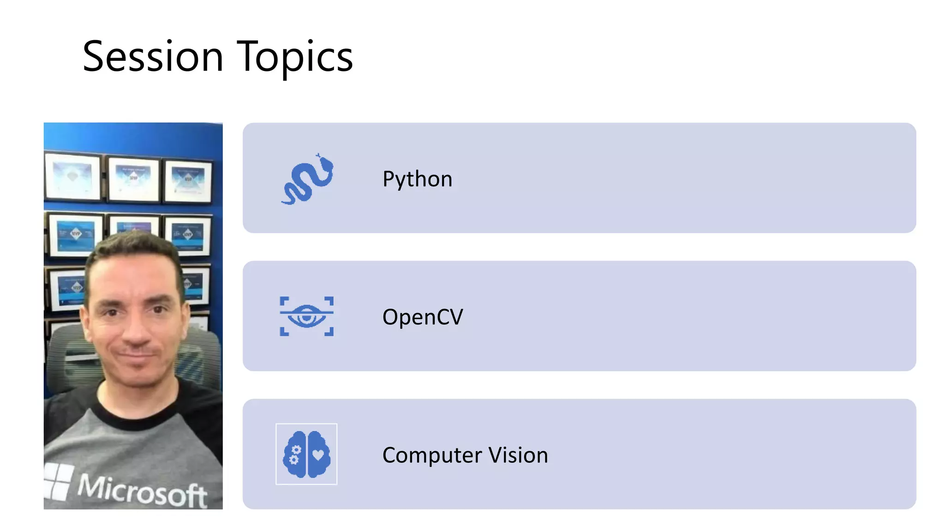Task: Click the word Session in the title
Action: pos(153,57)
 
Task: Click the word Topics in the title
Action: pos(295,58)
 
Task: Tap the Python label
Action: pos(417,179)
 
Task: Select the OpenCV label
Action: pos(422,317)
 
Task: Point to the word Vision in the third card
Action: pos(518,455)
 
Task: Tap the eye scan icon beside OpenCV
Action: pos(307,316)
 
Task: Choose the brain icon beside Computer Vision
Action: pos(306,454)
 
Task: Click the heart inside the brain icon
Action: pos(318,455)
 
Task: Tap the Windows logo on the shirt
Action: pos(58,482)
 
